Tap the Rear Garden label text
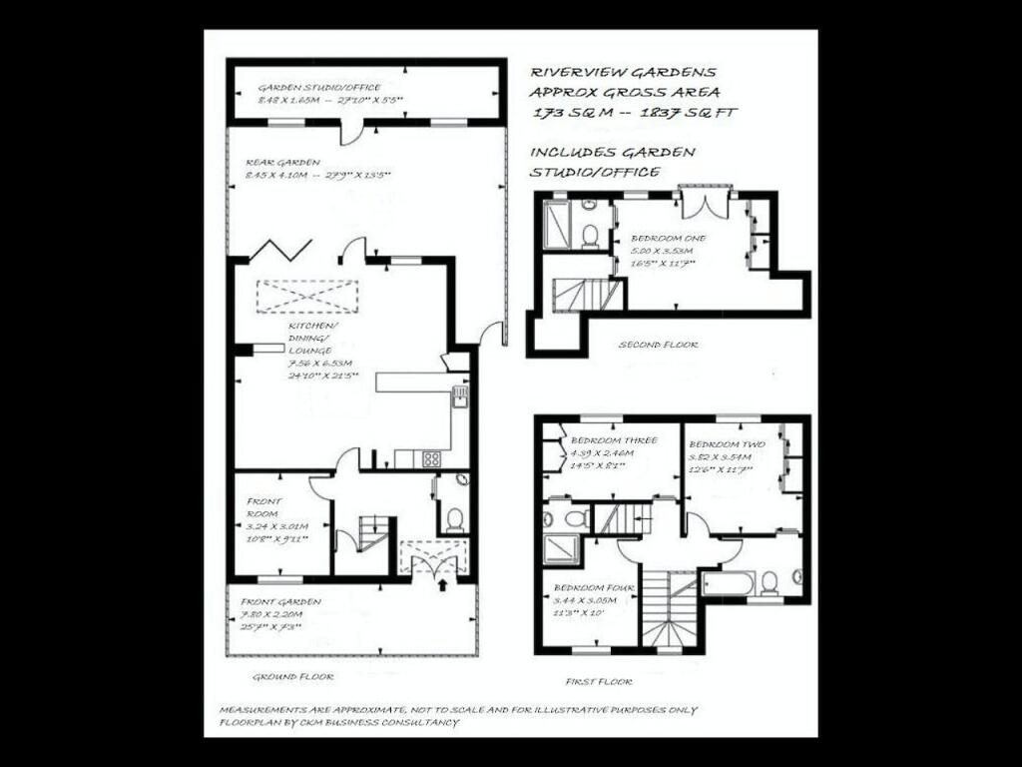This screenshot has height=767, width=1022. click(283, 162)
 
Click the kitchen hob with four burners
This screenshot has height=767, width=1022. click(432, 458)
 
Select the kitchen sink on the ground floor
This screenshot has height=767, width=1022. click(459, 397)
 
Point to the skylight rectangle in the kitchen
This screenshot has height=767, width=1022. click(307, 297)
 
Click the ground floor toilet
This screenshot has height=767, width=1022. click(454, 518)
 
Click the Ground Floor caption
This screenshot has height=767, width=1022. click(291, 676)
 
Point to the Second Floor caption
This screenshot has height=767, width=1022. click(658, 345)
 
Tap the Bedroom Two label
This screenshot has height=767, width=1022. click(726, 443)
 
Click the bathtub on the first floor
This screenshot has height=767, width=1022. click(728, 582)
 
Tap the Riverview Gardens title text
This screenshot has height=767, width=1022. click(623, 72)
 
